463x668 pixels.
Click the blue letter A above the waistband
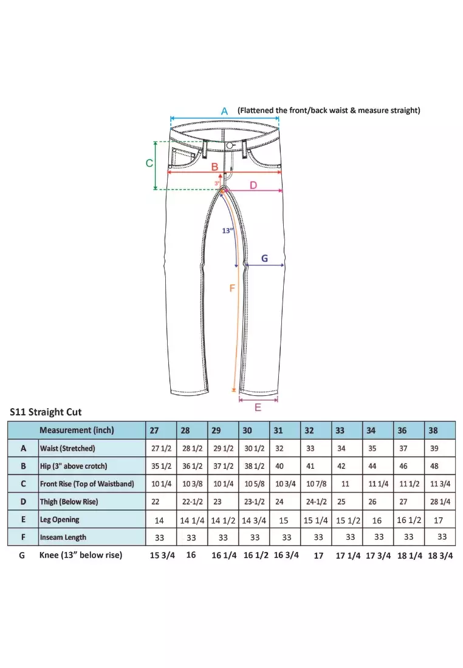pyautogui.click(x=224, y=111)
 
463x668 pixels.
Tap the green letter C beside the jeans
pyautogui.click(x=149, y=163)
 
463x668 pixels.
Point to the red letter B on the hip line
pyautogui.click(x=214, y=166)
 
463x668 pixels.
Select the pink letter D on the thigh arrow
pyautogui.click(x=253, y=185)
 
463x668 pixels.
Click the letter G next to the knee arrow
pyautogui.click(x=264, y=258)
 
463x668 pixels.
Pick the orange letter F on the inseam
pyautogui.click(x=232, y=288)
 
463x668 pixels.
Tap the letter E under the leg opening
pyautogui.click(x=258, y=407)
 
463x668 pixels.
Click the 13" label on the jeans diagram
pyautogui.click(x=227, y=230)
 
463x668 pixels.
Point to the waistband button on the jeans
pyautogui.click(x=230, y=146)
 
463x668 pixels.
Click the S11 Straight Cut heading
pyautogui.click(x=46, y=412)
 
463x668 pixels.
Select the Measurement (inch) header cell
pyautogui.click(x=77, y=431)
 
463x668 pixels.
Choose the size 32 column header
pyautogui.click(x=309, y=431)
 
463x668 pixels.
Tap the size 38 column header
pyautogui.click(x=433, y=431)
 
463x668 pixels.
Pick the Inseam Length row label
pyautogui.click(x=63, y=537)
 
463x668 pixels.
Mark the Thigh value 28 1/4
pyautogui.click(x=441, y=502)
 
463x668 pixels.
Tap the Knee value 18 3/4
pyautogui.click(x=441, y=556)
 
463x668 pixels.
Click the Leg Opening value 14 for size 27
pyautogui.click(x=159, y=520)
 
